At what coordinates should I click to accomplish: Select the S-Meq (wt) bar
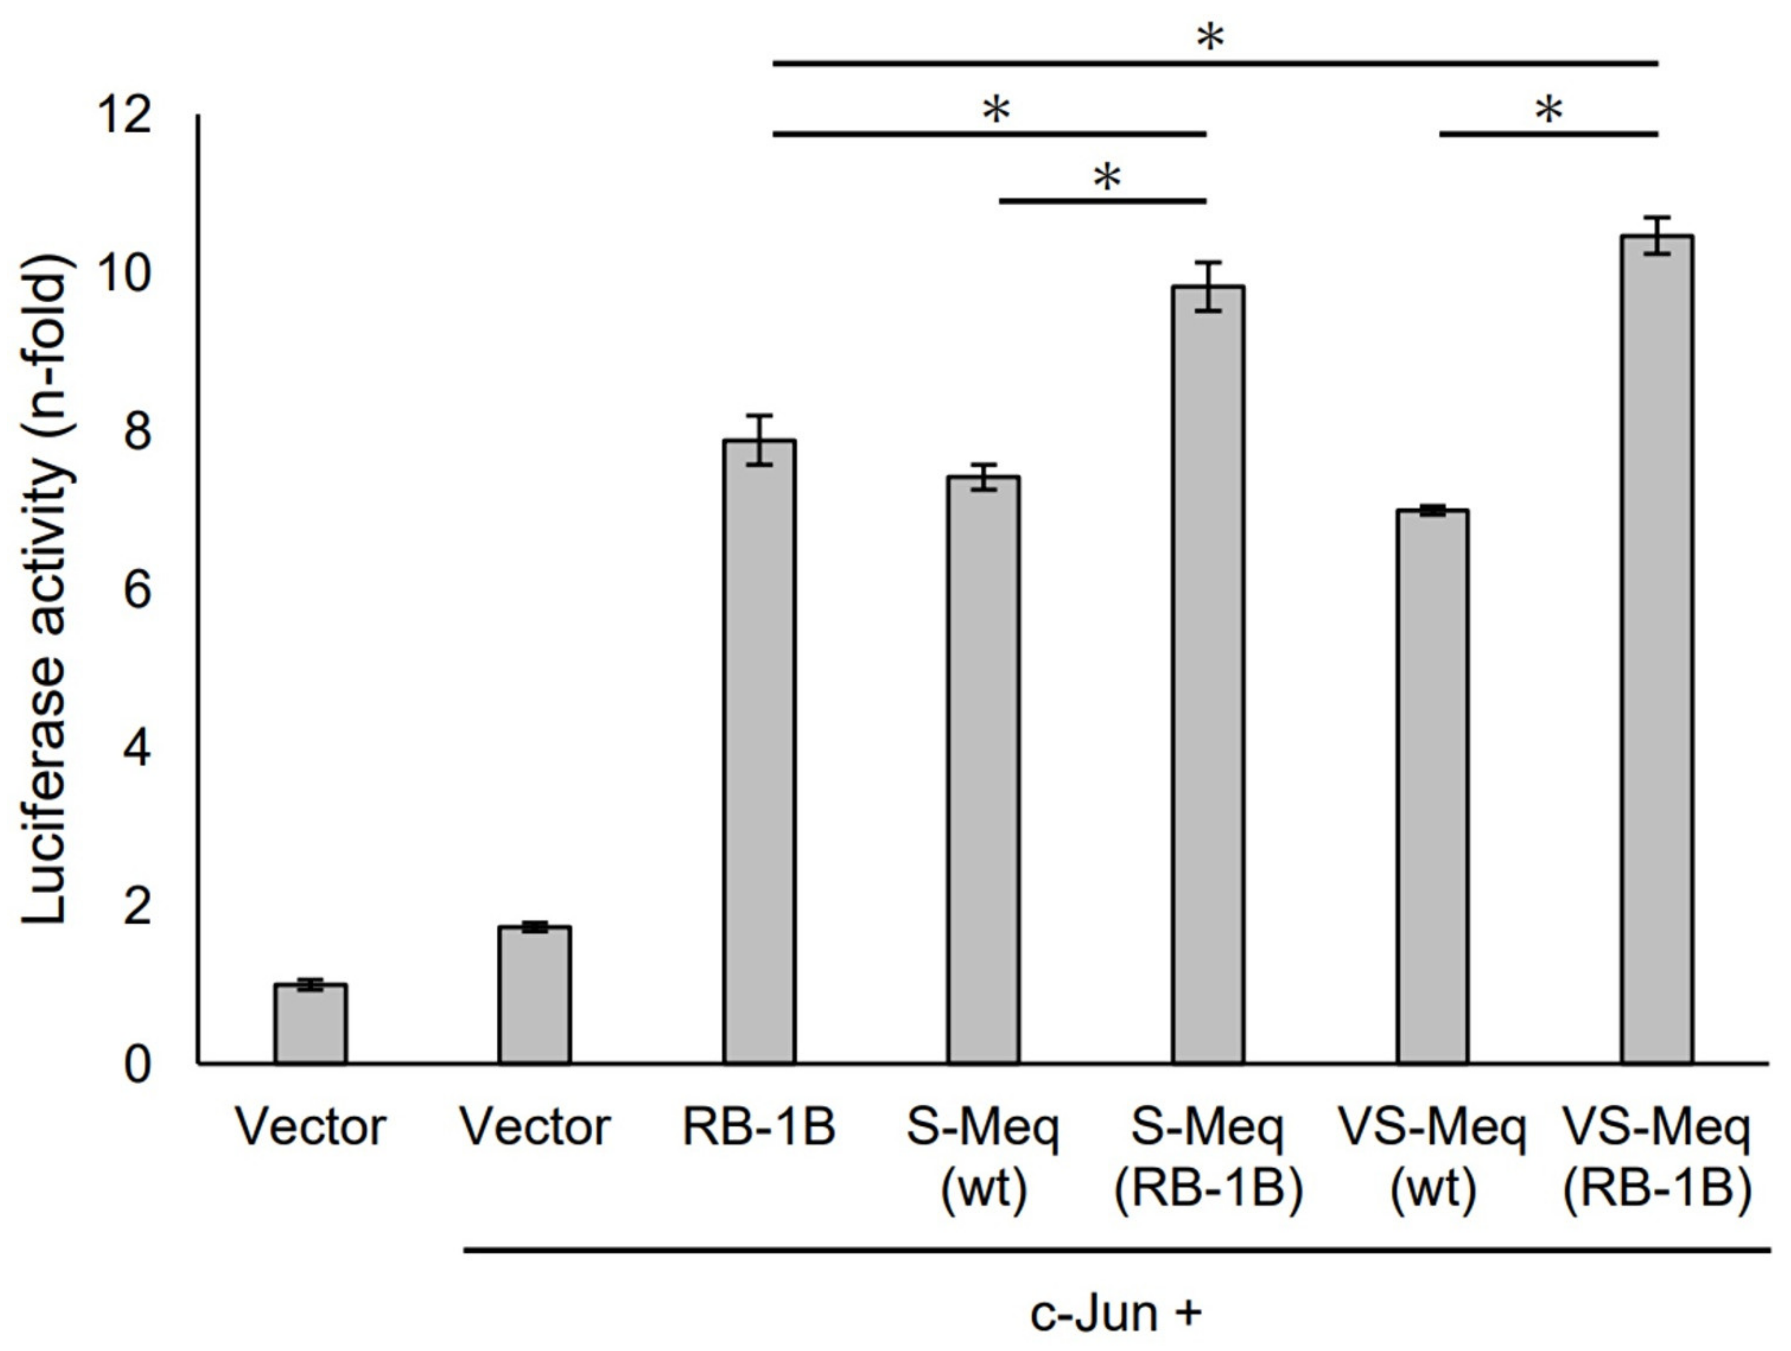coord(984,769)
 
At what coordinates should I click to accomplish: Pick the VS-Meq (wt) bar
coord(1433,785)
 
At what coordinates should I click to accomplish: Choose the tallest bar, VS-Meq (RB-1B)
coord(1657,647)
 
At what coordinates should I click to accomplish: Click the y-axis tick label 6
coord(138,591)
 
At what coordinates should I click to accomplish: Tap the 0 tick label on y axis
coord(138,1065)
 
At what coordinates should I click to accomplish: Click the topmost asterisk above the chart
coord(1210,37)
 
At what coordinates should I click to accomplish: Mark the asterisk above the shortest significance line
coord(1107,177)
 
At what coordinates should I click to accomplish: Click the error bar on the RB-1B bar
coord(760,439)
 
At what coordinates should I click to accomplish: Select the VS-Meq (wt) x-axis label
coord(1433,1157)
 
